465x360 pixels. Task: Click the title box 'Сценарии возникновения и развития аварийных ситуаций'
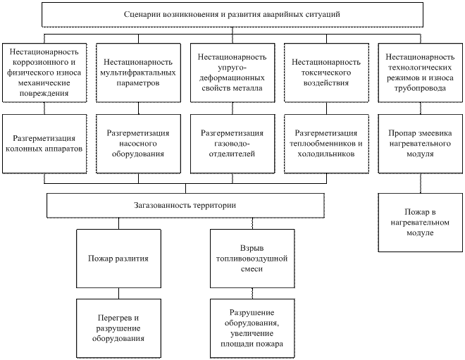(232, 15)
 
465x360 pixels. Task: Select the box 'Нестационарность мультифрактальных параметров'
(138, 73)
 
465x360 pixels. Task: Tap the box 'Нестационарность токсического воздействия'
(326, 73)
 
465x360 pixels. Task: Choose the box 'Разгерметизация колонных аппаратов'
(44, 144)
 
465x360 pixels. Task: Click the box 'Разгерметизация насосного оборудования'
(138, 144)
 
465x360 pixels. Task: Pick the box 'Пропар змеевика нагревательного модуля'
(420, 144)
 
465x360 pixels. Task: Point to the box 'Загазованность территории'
(185, 205)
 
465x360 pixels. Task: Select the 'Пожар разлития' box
(118, 259)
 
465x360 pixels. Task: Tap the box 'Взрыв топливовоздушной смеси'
(252, 259)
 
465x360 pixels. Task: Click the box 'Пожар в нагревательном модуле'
(420, 223)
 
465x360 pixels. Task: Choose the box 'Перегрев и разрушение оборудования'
(118, 328)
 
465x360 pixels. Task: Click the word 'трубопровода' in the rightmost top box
(420, 88)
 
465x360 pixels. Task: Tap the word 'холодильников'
(326, 154)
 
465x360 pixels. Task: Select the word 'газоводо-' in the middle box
(232, 144)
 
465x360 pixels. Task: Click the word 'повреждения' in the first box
(44, 94)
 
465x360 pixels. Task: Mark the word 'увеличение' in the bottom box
(252, 334)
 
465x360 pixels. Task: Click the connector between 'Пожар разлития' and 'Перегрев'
(118, 293)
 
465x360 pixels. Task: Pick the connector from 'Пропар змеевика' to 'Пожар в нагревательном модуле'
(420, 183)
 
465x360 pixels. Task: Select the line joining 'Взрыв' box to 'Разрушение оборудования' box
(252, 293)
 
